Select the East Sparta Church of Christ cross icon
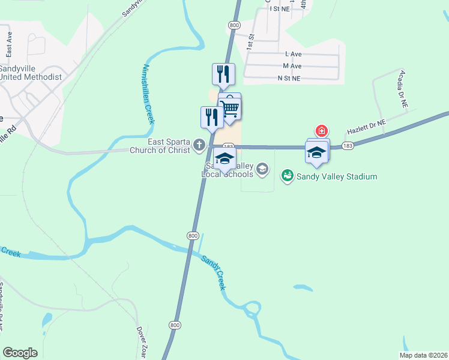click(199, 145)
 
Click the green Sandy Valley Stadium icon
click(287, 176)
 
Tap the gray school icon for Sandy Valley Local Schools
click(262, 169)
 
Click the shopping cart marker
click(229, 108)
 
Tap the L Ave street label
click(293, 54)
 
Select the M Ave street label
click(292, 66)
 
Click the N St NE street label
click(289, 78)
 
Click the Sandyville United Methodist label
click(31, 73)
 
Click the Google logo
click(20, 353)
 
